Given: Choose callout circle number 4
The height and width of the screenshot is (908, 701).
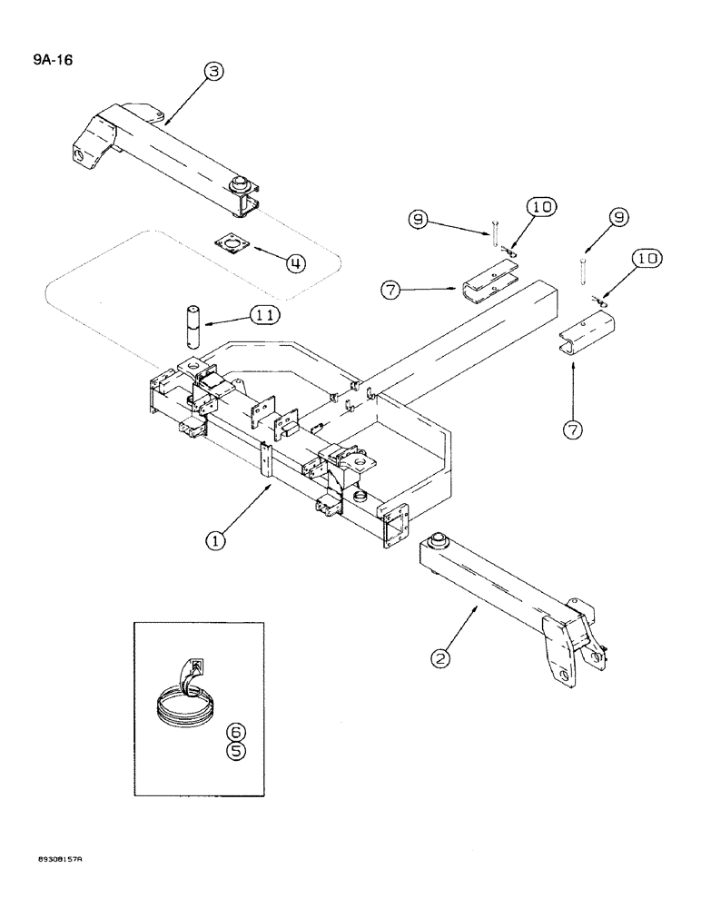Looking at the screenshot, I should coord(295,264).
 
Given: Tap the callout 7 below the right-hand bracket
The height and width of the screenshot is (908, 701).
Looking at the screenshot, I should coord(572,430).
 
